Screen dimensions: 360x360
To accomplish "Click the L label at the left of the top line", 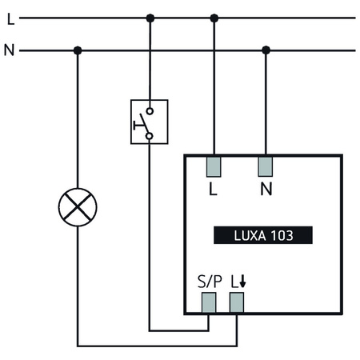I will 10,18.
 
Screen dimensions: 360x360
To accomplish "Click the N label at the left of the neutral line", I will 10,51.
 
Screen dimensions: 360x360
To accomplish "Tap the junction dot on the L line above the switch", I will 150,18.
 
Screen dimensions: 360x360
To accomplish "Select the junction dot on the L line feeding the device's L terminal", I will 214,18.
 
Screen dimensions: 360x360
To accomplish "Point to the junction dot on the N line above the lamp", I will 78,50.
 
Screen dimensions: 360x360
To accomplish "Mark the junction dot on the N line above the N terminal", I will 266,50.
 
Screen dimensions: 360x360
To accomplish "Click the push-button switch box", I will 150,122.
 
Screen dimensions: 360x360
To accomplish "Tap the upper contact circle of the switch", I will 150,112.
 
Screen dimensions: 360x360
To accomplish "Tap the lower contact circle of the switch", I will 150,136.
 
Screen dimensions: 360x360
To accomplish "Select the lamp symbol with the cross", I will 78,208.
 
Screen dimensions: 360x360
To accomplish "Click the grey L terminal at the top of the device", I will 214,166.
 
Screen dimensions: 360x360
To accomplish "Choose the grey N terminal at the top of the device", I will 266,166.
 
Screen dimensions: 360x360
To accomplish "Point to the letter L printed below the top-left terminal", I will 213,190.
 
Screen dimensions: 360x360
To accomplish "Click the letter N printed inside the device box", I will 266,190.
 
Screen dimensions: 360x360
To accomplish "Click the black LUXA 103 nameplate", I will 263,235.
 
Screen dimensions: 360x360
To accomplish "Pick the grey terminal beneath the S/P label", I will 209,302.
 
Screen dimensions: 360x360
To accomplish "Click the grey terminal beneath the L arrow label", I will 237,302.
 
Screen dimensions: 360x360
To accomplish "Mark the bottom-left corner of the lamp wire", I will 78,346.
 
